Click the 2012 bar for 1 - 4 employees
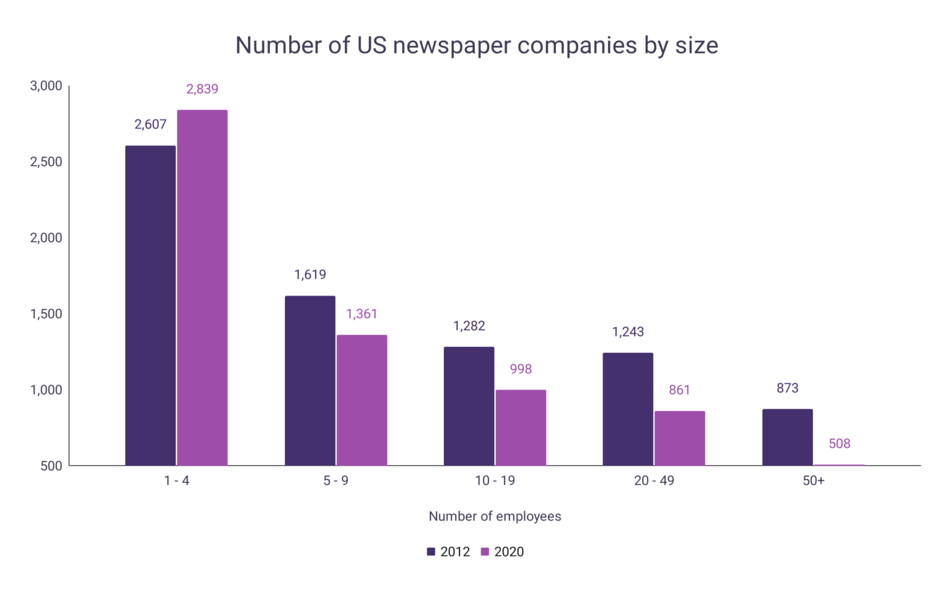[150, 305]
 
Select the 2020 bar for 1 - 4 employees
[202, 287]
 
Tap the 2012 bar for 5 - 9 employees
[310, 380]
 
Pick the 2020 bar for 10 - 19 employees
[521, 427]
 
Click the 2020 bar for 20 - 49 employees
[680, 438]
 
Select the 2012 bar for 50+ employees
[787, 437]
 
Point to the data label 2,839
[202, 89]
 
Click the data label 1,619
[310, 274]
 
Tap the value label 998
[521, 369]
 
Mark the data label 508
[839, 443]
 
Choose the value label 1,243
[628, 332]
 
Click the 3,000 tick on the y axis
[46, 86]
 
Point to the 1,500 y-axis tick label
[46, 314]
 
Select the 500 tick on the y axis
[51, 466]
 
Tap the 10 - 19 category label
[495, 481]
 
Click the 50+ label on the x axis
[814, 481]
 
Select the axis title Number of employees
[495, 517]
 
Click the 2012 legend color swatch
[431, 552]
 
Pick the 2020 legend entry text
[509, 552]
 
